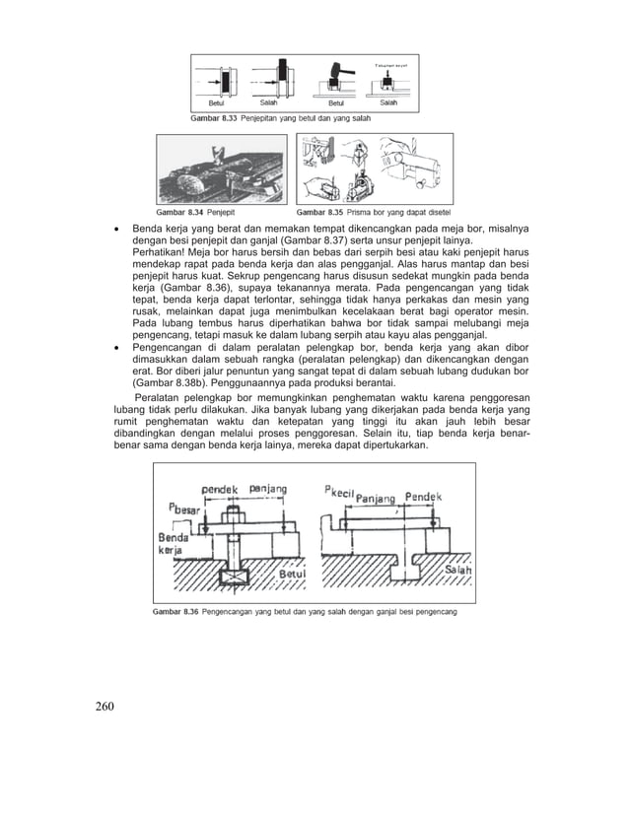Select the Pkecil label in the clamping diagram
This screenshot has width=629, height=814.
[336, 490]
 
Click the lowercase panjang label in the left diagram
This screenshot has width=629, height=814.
[268, 488]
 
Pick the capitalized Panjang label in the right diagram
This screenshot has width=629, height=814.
[375, 498]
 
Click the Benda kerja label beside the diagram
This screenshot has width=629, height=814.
[173, 544]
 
